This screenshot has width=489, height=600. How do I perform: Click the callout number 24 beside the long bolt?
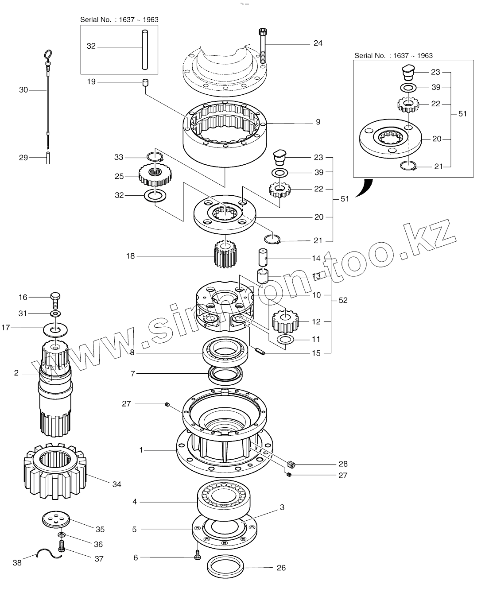pos(318,43)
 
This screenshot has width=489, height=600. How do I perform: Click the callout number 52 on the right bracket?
pos(343,300)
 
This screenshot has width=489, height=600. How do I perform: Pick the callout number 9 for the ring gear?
pos(318,122)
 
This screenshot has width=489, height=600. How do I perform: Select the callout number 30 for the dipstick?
pos(23,90)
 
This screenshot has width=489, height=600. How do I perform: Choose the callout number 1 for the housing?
pos(141,450)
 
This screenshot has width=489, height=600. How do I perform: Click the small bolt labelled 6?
pos(197,555)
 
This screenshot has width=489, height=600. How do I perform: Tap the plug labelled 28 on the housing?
pos(291,465)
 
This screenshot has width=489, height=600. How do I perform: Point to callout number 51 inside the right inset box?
pos(462,114)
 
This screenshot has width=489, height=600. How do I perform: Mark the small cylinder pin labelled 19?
pos(144,82)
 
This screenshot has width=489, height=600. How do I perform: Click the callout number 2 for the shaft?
pos(16,373)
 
